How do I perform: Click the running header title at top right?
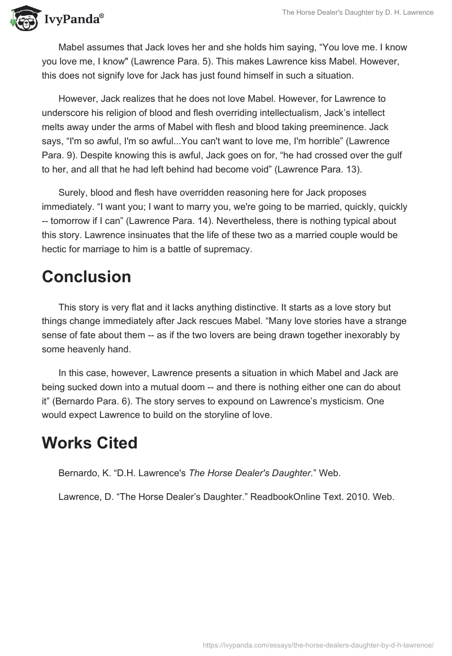point(357,12)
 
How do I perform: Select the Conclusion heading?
point(86,277)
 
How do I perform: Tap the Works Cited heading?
point(89,443)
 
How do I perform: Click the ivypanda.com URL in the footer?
point(318,644)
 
